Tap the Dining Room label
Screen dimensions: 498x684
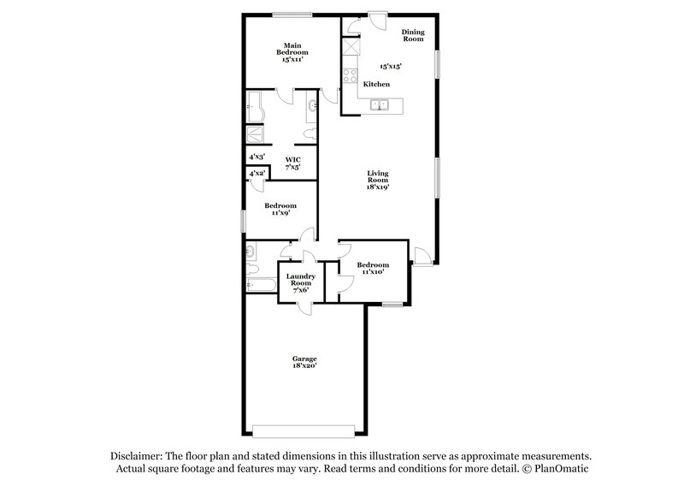(413, 35)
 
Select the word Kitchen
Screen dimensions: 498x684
(377, 84)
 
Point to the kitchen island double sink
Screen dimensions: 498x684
(379, 105)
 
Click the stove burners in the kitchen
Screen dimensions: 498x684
(350, 76)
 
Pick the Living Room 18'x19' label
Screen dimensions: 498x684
(378, 181)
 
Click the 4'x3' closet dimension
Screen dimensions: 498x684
(256, 157)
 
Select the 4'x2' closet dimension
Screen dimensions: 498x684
(256, 174)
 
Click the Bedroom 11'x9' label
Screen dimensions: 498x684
(280, 210)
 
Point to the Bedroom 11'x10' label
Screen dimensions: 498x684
(373, 270)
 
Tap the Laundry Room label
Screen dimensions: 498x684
(300, 282)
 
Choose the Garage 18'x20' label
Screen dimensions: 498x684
(304, 363)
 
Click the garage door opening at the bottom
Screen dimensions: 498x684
(304, 429)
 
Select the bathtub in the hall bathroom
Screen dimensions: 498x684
(262, 286)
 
